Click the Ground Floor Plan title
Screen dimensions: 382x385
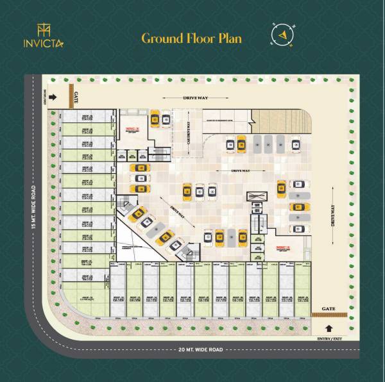pyautogui.click(x=191, y=38)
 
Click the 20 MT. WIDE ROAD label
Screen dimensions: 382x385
pyautogui.click(x=193, y=349)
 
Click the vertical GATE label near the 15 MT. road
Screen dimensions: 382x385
pyautogui.click(x=76, y=97)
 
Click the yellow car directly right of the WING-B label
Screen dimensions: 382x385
pyautogui.click(x=155, y=119)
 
